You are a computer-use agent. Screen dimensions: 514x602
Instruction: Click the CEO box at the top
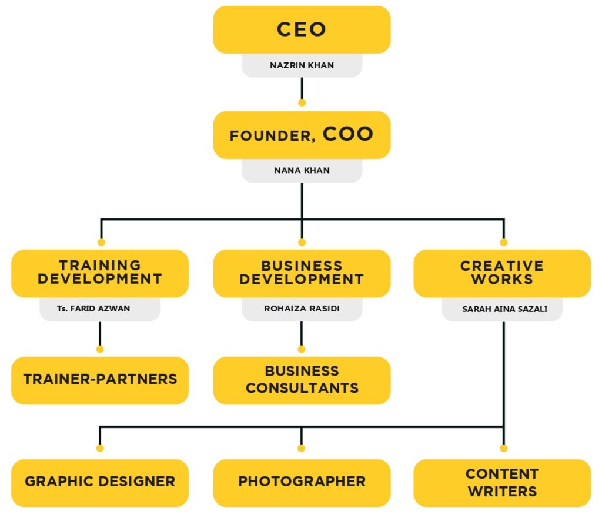click(302, 29)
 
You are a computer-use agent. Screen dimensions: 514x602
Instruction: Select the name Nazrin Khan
click(302, 65)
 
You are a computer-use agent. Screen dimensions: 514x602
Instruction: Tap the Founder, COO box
click(302, 135)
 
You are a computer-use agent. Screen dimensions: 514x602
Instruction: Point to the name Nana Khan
click(302, 171)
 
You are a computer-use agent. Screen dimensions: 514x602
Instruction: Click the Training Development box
click(100, 273)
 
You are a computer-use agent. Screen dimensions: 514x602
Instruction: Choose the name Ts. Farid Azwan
click(100, 309)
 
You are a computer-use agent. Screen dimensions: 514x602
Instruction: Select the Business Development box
click(302, 273)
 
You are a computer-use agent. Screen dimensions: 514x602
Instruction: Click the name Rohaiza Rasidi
click(302, 309)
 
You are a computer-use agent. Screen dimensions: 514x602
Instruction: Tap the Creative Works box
click(502, 273)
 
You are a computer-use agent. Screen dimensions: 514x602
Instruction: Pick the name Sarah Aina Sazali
click(502, 309)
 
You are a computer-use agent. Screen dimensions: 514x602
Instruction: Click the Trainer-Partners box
click(100, 380)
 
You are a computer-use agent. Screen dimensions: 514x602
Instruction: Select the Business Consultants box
click(302, 380)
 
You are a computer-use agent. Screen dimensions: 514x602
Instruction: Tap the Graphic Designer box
click(100, 482)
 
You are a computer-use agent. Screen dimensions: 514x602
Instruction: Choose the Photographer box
click(302, 482)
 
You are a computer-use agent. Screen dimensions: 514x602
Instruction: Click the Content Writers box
click(502, 482)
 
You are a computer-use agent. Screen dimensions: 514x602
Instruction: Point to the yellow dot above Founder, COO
click(302, 102)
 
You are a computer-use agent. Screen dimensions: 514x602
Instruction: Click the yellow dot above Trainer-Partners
click(100, 349)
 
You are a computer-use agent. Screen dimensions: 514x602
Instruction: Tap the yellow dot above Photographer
click(302, 448)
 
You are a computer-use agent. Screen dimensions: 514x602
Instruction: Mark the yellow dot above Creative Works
click(503, 242)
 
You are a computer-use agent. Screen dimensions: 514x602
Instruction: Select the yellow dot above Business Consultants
click(302, 349)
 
